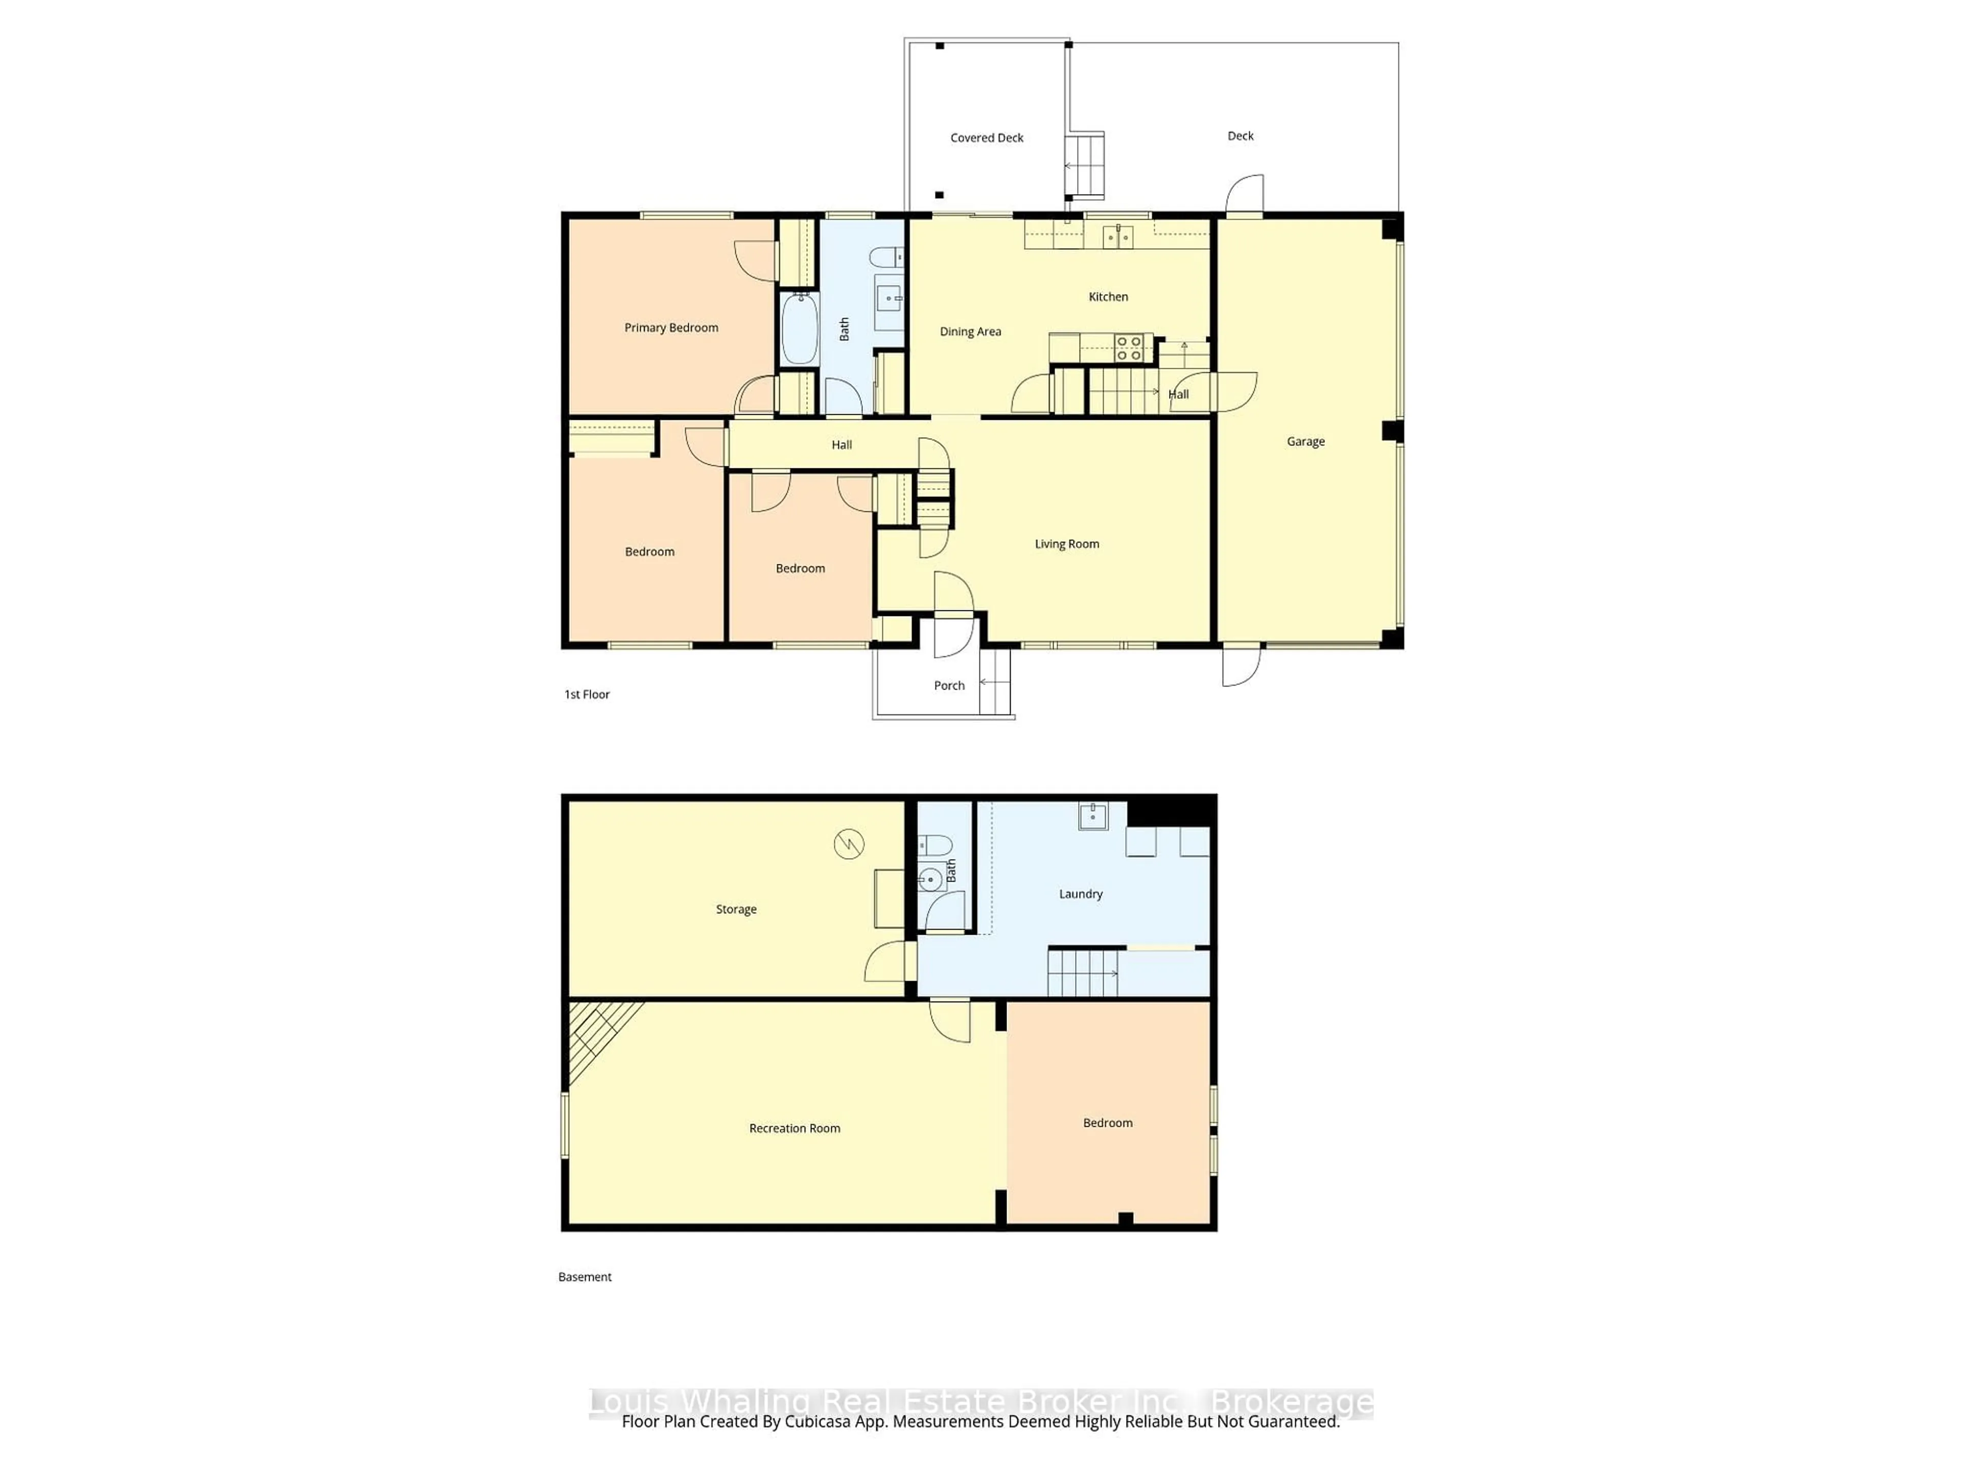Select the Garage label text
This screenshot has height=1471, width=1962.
point(1305,442)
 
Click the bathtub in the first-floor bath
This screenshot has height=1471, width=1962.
point(799,328)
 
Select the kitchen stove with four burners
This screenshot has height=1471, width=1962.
point(1128,348)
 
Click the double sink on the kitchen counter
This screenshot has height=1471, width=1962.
point(1117,237)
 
